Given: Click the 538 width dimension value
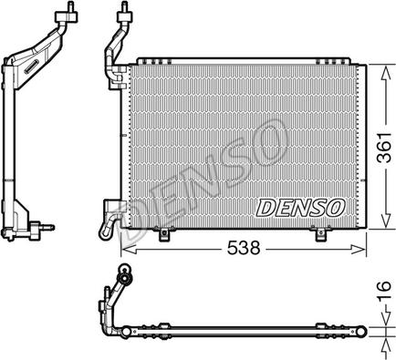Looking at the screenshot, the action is pyautogui.click(x=244, y=248).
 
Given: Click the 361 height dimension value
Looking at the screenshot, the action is pyautogui.click(x=385, y=148).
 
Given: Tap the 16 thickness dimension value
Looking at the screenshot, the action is pyautogui.click(x=385, y=290).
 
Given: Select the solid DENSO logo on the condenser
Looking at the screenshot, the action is pyautogui.click(x=300, y=208).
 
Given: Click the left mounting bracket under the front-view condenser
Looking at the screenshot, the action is pyautogui.click(x=164, y=233).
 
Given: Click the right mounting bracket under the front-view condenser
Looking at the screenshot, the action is pyautogui.click(x=320, y=233).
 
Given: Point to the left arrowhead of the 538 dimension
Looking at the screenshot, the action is pyautogui.click(x=129, y=250).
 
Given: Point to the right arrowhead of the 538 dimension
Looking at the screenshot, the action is pyautogui.click(x=358, y=250).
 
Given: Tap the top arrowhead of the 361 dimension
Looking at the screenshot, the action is pyautogui.click(x=385, y=73).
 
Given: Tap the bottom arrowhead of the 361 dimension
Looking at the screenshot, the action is pyautogui.click(x=385, y=220).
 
